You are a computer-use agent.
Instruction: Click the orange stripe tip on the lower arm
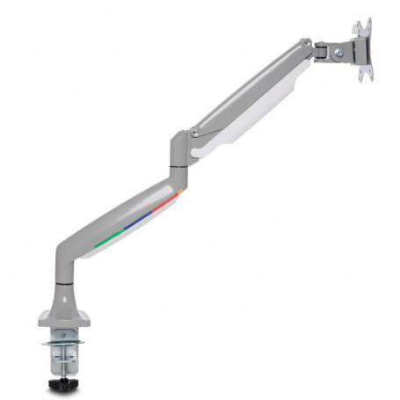pos(178,190)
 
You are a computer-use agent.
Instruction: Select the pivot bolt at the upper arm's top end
pos(305,43)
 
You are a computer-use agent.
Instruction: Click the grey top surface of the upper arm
pos(246,88)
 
